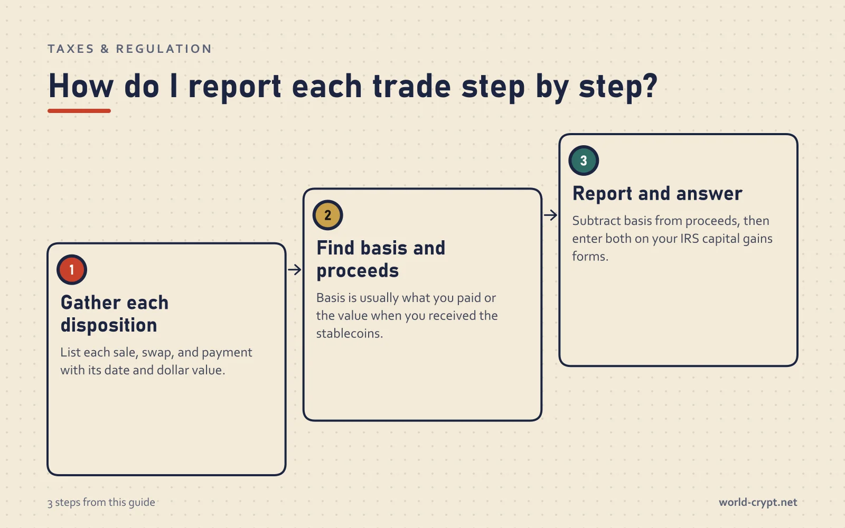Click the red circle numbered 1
(72, 270)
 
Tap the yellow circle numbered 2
(327, 215)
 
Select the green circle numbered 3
(584, 161)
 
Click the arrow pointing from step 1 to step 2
(294, 270)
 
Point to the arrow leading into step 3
(550, 215)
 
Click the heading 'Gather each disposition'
(114, 314)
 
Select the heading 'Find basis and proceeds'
(381, 259)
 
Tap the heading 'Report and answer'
(657, 193)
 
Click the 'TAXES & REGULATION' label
(130, 49)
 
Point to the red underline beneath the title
(79, 111)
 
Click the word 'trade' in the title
(411, 87)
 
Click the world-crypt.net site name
(758, 502)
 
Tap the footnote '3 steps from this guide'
(101, 502)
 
